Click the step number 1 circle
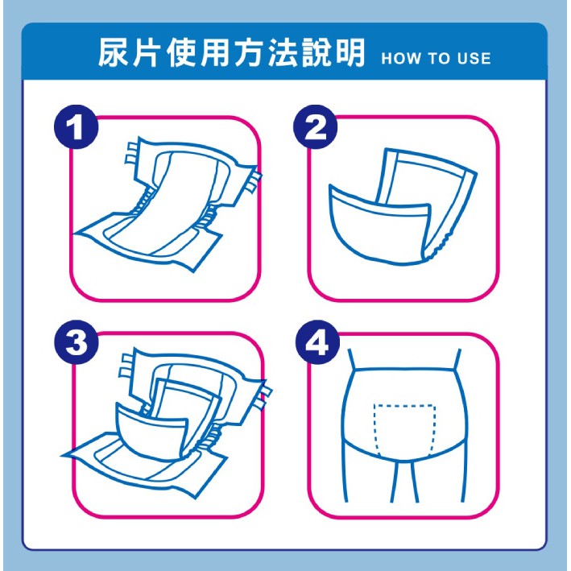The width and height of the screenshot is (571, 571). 77,126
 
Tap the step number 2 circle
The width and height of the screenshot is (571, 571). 316,126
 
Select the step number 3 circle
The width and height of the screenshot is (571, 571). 77,342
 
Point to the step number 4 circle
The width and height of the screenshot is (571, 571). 317,342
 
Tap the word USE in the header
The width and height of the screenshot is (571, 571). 474,59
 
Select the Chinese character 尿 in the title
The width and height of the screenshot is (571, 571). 113,53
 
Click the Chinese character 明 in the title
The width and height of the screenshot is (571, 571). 350,53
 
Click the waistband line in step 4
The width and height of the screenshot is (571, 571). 404,369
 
